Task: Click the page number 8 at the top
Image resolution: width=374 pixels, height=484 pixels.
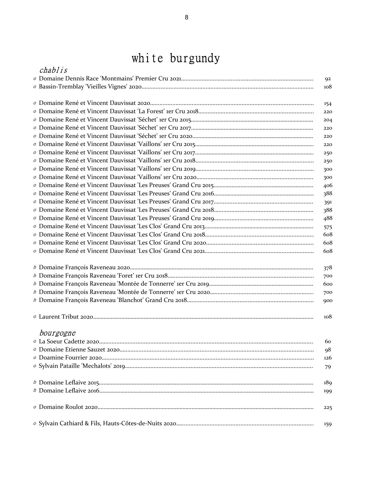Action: (x=186, y=17)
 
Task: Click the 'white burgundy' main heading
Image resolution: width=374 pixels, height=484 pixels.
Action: (x=176, y=58)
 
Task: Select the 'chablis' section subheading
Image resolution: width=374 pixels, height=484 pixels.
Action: (x=53, y=70)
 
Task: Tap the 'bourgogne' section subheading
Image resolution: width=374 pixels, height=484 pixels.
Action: (x=57, y=333)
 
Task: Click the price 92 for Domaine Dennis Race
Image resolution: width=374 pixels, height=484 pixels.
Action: (x=328, y=79)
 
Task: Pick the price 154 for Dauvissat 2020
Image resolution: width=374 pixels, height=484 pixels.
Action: (x=328, y=104)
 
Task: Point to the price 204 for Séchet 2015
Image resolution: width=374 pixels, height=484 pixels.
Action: (x=328, y=120)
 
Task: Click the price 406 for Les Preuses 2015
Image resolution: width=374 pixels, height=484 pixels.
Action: (x=328, y=186)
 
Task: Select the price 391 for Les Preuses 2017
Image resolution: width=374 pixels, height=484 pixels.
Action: (x=328, y=202)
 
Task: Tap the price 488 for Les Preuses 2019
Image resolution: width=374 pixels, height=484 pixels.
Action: (x=328, y=218)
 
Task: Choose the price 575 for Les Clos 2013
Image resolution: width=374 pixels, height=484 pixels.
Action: (x=328, y=227)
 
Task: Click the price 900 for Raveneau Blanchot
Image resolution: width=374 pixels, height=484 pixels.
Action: (x=328, y=300)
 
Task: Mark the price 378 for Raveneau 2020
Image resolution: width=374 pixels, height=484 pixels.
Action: (x=328, y=268)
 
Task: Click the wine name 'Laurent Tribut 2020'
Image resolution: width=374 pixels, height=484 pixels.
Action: (x=66, y=317)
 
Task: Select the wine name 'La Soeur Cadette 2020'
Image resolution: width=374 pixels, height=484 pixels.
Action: (x=69, y=342)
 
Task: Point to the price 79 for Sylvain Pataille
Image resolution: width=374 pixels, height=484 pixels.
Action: (x=328, y=367)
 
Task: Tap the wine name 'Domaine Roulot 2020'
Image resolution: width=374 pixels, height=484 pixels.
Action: (x=68, y=407)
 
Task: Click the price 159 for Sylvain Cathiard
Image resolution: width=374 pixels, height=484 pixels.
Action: (x=328, y=424)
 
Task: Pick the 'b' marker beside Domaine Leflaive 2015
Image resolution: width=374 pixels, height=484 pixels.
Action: (x=35, y=382)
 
